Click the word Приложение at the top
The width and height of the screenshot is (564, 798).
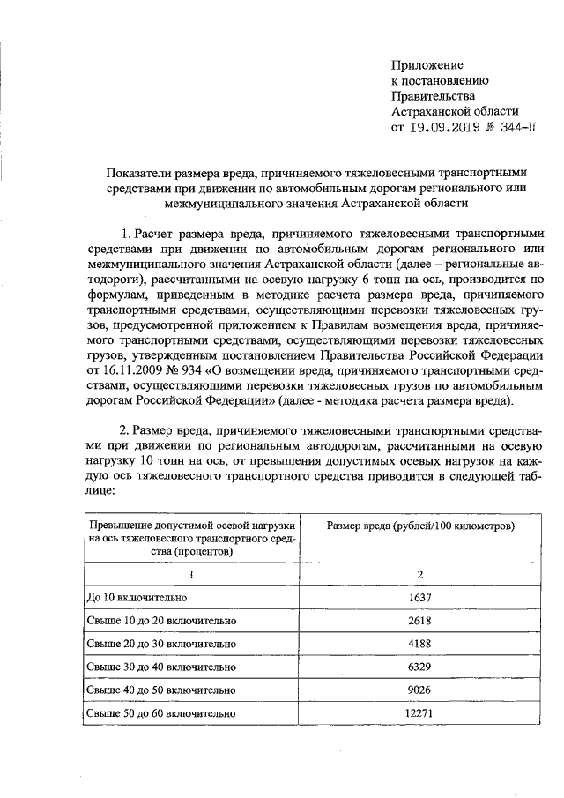[x=427, y=64]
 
